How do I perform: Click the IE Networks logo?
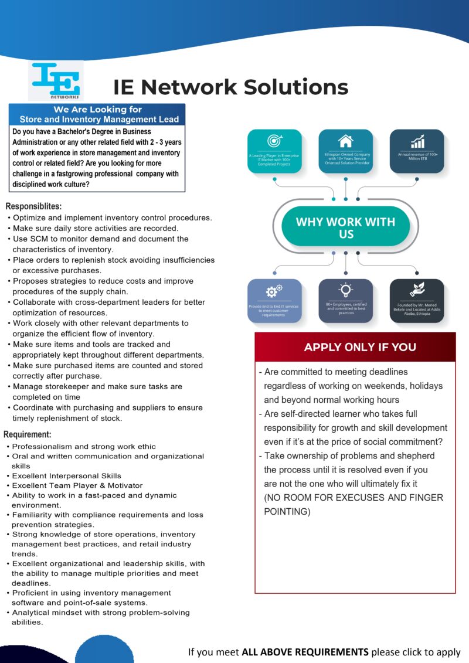[x=56, y=81]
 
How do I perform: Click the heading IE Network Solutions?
[x=230, y=87]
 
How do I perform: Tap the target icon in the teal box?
[x=274, y=141]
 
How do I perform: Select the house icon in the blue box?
[x=345, y=141]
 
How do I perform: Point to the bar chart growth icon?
[x=417, y=141]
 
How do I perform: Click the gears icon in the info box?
[x=274, y=291]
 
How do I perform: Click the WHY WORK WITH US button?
[x=345, y=227]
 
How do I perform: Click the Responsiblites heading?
[x=33, y=206]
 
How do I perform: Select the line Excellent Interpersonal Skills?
[x=66, y=475]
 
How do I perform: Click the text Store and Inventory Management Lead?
[x=99, y=119]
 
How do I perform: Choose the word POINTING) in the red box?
[x=287, y=511]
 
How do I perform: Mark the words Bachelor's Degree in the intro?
[x=115, y=132]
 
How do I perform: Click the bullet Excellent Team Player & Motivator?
[x=77, y=485]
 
